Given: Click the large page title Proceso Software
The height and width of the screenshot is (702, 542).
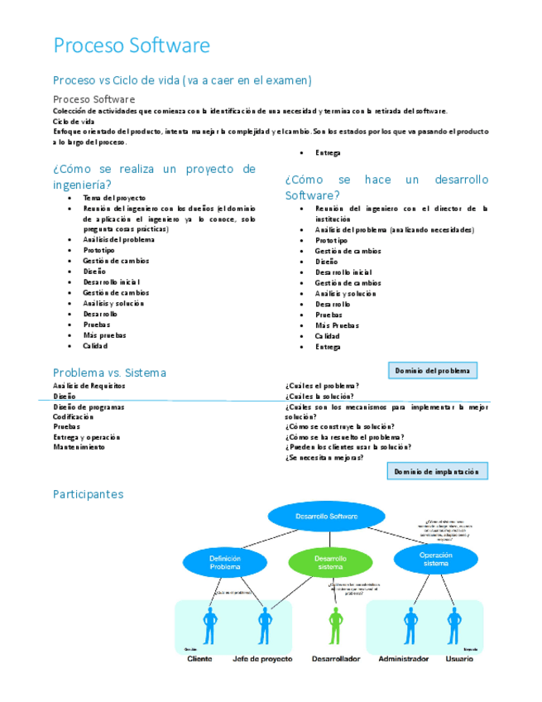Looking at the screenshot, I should (x=132, y=46).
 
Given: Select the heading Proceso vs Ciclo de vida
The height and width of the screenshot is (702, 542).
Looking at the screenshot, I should (x=182, y=80).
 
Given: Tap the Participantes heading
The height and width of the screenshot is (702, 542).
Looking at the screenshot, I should (x=88, y=494).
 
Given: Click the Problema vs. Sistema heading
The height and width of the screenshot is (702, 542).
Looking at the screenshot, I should (x=109, y=373).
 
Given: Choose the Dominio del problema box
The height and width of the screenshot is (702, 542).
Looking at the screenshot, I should (x=432, y=371).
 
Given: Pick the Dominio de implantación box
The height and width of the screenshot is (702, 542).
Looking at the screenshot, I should (x=436, y=471).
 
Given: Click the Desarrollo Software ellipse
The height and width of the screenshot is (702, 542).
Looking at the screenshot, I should (x=327, y=517).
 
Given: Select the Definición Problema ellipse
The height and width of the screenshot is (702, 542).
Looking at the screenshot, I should (x=224, y=563).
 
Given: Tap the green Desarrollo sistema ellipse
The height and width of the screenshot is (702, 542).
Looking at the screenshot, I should (x=330, y=563).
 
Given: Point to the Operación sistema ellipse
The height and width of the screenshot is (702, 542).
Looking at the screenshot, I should (x=435, y=559).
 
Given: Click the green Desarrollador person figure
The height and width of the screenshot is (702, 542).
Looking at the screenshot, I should (x=335, y=625).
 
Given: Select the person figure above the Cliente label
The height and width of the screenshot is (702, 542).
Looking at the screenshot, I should (x=209, y=625).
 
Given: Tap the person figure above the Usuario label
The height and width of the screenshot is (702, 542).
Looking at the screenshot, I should (x=453, y=625).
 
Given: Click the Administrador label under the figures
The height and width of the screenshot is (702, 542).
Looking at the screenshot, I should (x=404, y=659).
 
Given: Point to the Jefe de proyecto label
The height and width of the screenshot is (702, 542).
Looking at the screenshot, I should (x=262, y=659).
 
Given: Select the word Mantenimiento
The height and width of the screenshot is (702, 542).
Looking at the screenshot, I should (x=79, y=447).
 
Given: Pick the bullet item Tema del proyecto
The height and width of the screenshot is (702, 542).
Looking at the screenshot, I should (x=114, y=198).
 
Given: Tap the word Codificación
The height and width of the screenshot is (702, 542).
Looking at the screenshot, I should (x=73, y=416).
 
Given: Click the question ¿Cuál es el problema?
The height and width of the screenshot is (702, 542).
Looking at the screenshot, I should (x=322, y=386).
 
